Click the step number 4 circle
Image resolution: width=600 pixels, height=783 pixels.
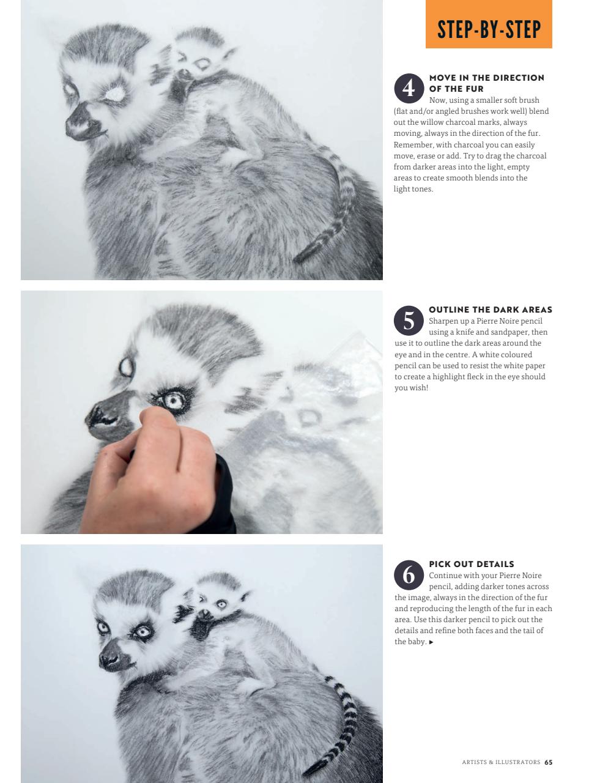408,89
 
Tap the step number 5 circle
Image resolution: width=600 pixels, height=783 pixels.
408,321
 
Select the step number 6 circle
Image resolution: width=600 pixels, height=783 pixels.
408,575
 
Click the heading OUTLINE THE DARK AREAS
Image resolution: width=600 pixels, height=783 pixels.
490,310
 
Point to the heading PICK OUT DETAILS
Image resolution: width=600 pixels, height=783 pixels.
471,564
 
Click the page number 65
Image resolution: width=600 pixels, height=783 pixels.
548,762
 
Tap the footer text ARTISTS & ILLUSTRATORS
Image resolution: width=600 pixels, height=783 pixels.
500,762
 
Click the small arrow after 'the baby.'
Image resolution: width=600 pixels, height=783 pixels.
431,642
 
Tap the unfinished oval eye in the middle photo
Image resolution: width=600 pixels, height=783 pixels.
127,366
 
